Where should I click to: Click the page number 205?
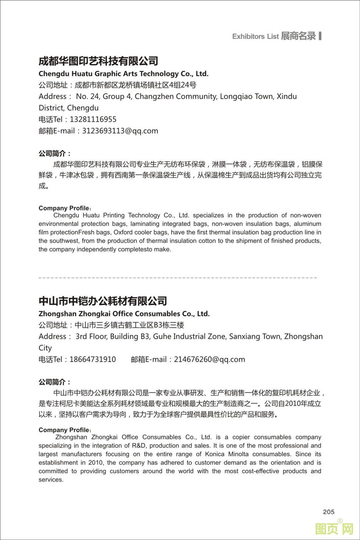(x=328, y=512)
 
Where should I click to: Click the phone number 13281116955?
(x=93, y=119)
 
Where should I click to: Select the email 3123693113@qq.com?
(x=120, y=131)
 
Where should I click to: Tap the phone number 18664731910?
(x=93, y=359)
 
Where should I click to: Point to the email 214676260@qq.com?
(x=209, y=359)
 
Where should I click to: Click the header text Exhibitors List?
(x=255, y=36)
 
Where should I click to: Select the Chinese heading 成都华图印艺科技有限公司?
(x=98, y=61)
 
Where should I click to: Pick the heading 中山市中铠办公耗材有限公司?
(x=103, y=301)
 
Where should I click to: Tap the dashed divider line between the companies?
(x=178, y=278)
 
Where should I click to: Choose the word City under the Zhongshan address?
(x=45, y=348)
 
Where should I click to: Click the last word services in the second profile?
(x=51, y=480)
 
